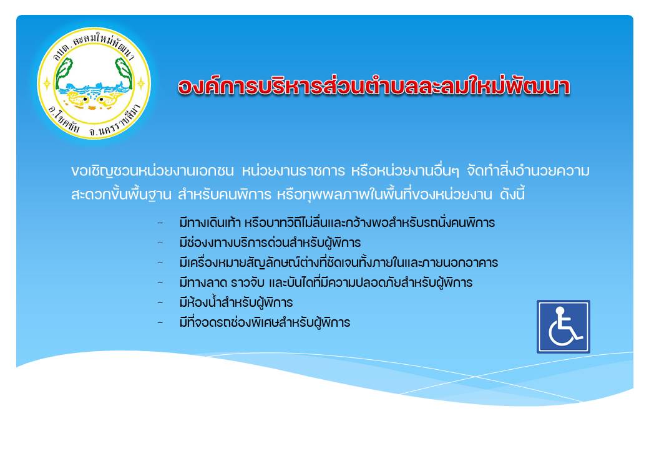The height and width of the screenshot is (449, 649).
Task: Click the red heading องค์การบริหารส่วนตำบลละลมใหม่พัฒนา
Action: click(x=374, y=87)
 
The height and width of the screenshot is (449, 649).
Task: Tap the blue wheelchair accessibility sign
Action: click(x=564, y=327)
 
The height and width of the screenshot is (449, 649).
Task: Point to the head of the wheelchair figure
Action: click(x=560, y=311)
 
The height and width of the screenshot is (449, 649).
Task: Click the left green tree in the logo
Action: click(x=63, y=74)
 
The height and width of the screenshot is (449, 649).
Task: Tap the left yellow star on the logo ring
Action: click(x=47, y=84)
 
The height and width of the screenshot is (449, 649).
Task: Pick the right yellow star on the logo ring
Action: click(x=141, y=84)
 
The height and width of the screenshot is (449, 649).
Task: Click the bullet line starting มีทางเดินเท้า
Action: click(x=337, y=223)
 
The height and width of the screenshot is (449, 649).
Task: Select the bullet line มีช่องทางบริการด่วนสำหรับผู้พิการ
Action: click(x=270, y=243)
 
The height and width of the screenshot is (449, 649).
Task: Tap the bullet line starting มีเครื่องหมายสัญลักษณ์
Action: click(x=339, y=263)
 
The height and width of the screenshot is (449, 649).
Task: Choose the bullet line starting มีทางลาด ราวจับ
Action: click(x=326, y=282)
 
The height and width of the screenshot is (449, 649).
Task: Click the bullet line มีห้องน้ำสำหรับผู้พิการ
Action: click(x=236, y=302)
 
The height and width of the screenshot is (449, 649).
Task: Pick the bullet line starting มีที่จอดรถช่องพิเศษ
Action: click(x=265, y=322)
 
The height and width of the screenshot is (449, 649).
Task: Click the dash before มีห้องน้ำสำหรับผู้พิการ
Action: click(x=160, y=303)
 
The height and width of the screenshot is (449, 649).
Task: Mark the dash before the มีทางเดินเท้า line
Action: click(x=160, y=223)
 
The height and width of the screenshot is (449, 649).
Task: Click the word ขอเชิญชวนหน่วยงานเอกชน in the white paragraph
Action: click(x=152, y=171)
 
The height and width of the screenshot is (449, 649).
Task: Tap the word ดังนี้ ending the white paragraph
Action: click(x=512, y=194)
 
